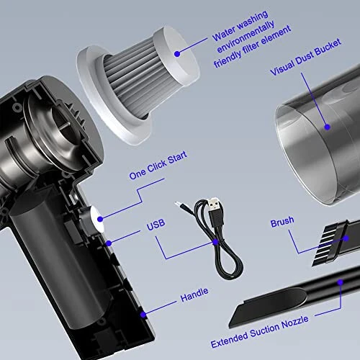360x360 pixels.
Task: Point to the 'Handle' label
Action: point(195,292)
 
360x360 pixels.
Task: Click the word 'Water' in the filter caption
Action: point(225,36)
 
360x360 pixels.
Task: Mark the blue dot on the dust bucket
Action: point(329,127)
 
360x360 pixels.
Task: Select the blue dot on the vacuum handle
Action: point(143,314)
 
